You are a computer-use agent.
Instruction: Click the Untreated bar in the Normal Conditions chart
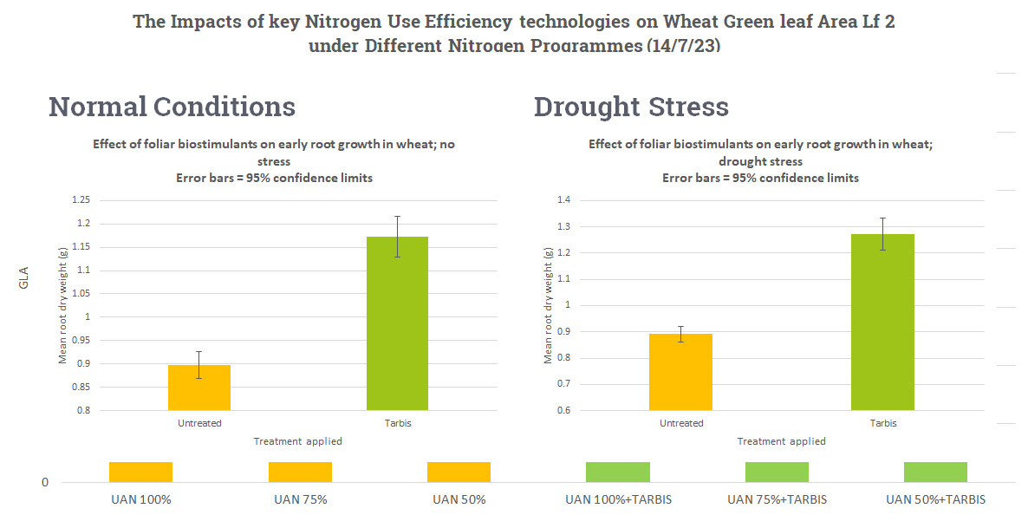(x=199, y=388)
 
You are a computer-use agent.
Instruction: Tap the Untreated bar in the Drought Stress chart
(x=680, y=372)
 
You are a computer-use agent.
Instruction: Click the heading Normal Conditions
(x=172, y=107)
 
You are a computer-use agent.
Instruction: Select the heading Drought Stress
(x=631, y=107)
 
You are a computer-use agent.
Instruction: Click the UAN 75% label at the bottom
(x=300, y=499)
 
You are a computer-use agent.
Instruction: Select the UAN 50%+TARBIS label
(x=935, y=499)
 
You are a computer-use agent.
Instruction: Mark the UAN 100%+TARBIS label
(x=618, y=499)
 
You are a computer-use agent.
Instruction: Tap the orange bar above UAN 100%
(x=140, y=472)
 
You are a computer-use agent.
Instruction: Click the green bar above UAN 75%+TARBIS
(x=777, y=472)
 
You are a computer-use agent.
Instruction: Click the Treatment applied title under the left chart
(x=297, y=441)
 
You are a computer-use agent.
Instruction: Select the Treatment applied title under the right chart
(x=781, y=441)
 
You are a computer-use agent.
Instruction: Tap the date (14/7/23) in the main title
(x=683, y=45)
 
